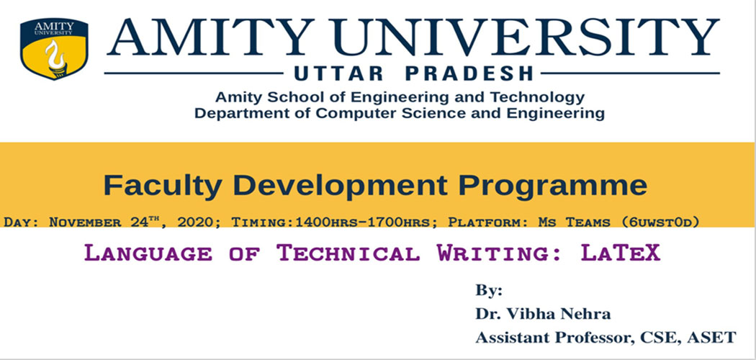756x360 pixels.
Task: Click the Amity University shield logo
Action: point(54,49)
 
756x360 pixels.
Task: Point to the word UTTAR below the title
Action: point(338,73)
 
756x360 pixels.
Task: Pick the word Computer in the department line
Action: point(350,114)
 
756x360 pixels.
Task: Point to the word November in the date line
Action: point(85,222)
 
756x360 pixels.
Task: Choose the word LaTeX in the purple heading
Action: point(620,252)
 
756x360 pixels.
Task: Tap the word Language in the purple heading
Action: point(148,253)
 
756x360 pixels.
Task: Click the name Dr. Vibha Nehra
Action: point(543,314)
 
